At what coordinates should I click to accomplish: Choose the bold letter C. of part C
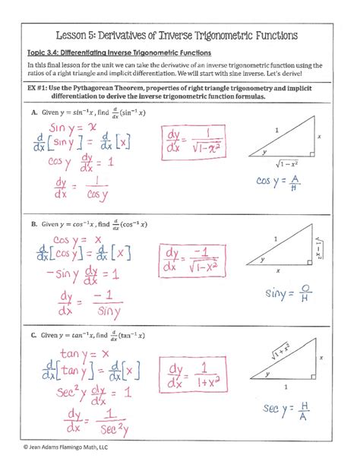click(34, 335)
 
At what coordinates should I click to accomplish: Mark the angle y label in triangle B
click(262, 259)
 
